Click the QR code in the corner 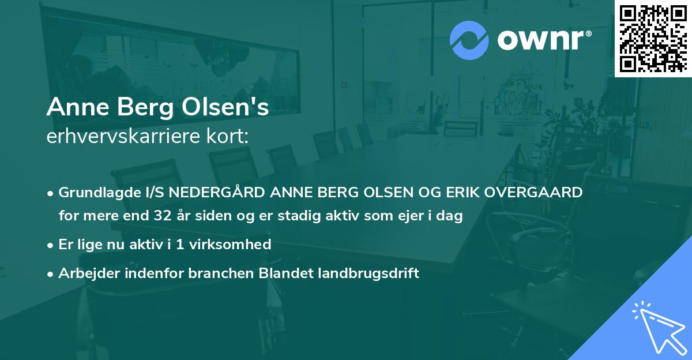click(x=653, y=38)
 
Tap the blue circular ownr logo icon click(x=469, y=40)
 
